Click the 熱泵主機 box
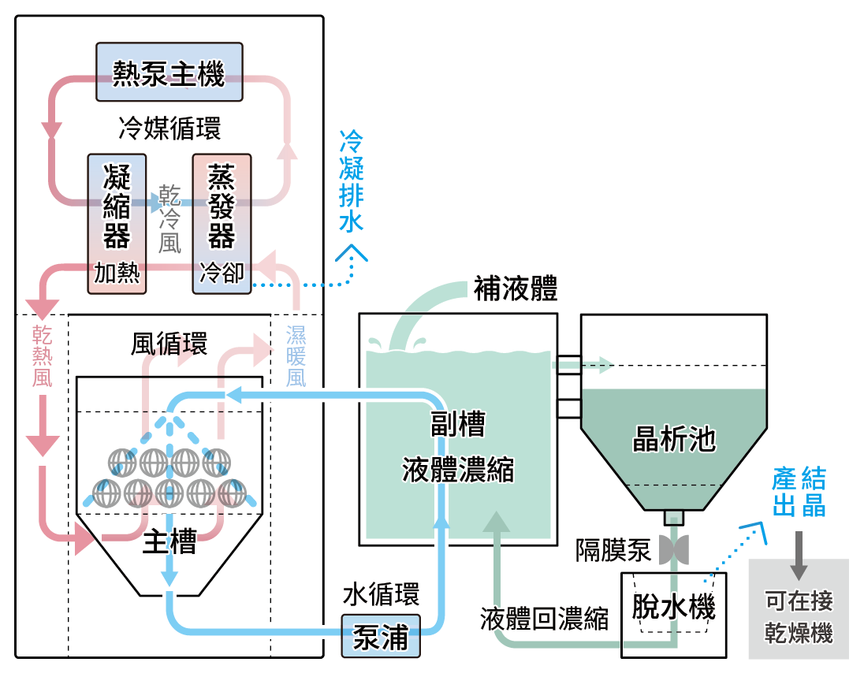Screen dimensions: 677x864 click(169, 72)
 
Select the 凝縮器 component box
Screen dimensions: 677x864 click(117, 224)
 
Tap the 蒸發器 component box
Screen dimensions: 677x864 click(222, 224)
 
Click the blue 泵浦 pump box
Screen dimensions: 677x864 click(381, 636)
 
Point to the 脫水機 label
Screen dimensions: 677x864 click(674, 607)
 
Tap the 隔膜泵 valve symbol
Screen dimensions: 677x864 click(672, 546)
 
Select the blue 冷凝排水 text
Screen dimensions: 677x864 click(352, 181)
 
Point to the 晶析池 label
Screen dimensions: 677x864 click(674, 438)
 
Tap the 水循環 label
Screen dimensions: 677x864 click(381, 593)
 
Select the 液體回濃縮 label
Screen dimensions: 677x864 click(545, 619)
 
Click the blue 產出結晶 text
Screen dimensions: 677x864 click(799, 492)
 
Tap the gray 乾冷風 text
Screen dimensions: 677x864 click(169, 218)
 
